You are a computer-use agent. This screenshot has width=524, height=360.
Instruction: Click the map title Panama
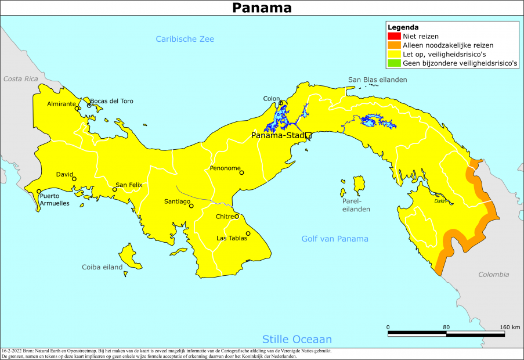pyautogui.click(x=262, y=8)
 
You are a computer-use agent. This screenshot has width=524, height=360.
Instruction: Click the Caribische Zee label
pyautogui.click(x=185, y=39)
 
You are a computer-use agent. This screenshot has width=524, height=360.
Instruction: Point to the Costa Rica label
pyautogui.click(x=20, y=78)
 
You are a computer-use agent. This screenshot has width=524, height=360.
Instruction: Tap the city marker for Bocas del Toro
pyautogui.click(x=89, y=105)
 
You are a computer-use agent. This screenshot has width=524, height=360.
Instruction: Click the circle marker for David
pyautogui.click(x=74, y=179)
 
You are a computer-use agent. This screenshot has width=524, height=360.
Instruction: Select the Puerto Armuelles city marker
pyautogui.click(x=39, y=192)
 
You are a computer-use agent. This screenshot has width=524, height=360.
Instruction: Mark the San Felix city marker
pyautogui.click(x=114, y=189)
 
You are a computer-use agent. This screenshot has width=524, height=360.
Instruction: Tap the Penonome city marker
pyautogui.click(x=242, y=172)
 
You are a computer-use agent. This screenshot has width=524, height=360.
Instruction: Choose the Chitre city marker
pyautogui.click(x=236, y=217)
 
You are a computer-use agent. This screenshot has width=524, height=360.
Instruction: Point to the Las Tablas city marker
pyautogui.click(x=248, y=234)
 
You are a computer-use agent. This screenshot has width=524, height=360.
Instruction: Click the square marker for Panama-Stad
pyautogui.click(x=308, y=135)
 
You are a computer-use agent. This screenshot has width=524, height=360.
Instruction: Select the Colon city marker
pyautogui.click(x=281, y=103)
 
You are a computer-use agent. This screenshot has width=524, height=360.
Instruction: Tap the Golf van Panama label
pyautogui.click(x=334, y=239)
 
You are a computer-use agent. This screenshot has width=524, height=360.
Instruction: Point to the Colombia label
pyautogui.click(x=493, y=275)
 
